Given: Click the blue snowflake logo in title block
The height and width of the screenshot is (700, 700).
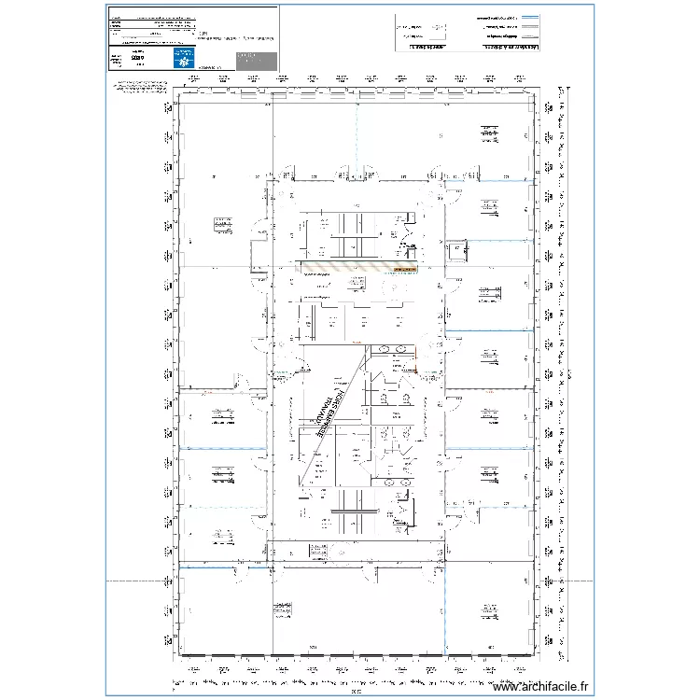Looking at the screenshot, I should tap(181, 58).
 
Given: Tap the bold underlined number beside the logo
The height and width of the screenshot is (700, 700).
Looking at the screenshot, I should tap(138, 58).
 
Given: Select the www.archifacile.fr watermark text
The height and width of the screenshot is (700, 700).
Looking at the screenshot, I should tap(542, 685).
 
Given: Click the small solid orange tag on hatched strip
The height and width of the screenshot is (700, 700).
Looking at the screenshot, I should tap(404, 269).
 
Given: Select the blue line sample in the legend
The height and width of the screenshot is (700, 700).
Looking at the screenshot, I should tap(530, 18).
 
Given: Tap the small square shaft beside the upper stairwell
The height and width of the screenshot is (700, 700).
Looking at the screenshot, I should tap(456, 248).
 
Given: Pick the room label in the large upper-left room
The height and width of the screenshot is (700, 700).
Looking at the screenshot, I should tap(222, 222).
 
